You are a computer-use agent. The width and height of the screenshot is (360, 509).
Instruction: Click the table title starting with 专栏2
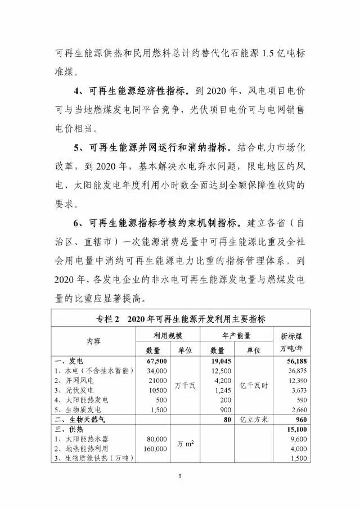click(181, 318)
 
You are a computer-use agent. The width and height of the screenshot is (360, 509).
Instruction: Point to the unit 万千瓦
click(186, 385)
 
